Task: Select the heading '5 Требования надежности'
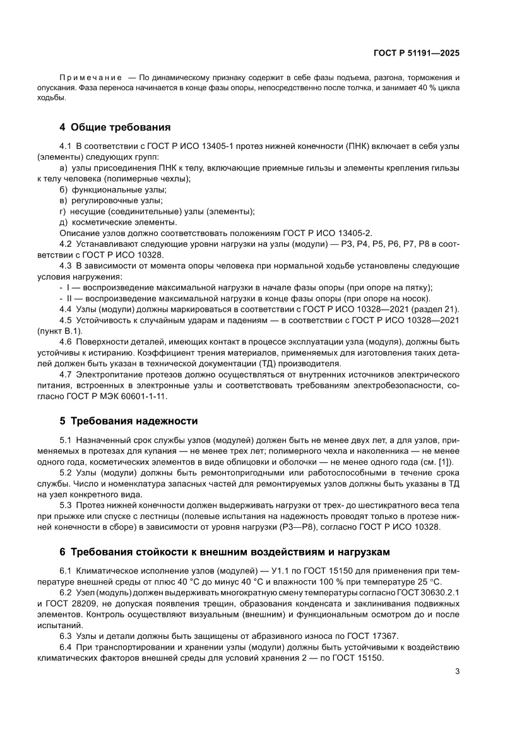click(x=129, y=420)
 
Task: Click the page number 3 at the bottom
click(x=457, y=671)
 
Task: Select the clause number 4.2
click(x=66, y=244)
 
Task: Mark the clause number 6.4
click(x=66, y=646)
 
